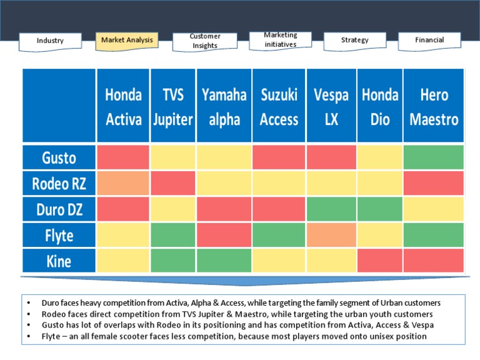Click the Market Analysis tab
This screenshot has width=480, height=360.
tap(126, 41)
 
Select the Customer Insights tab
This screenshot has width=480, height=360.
tap(204, 41)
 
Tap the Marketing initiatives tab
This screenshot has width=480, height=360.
tap(280, 40)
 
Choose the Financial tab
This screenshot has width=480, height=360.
tap(429, 40)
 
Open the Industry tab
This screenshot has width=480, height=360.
tap(50, 41)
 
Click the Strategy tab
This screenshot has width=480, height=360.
tap(354, 40)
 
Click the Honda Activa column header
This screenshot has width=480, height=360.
tap(123, 106)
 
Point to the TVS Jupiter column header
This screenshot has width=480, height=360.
tap(172, 106)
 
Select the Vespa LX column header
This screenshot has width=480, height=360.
tap(331, 106)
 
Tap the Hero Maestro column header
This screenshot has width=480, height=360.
tap(434, 106)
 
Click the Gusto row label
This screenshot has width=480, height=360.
tap(59, 157)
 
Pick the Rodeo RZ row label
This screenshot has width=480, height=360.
tap(59, 184)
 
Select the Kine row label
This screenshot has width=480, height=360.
tap(59, 261)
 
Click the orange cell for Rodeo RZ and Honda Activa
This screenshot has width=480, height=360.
tap(123, 184)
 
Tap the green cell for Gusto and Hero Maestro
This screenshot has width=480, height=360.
tap(434, 157)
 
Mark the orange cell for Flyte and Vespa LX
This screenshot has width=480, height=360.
tap(331, 235)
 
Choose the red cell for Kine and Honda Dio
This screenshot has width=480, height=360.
tap(380, 261)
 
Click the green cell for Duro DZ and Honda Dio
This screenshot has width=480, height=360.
tap(380, 209)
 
